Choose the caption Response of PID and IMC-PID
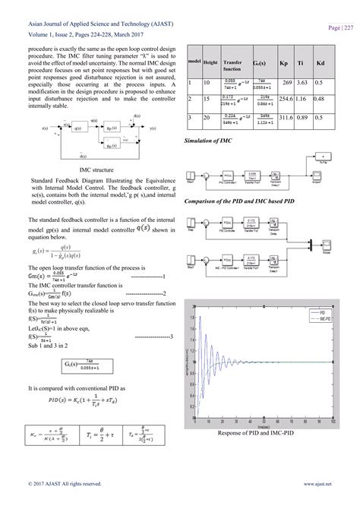261,432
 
